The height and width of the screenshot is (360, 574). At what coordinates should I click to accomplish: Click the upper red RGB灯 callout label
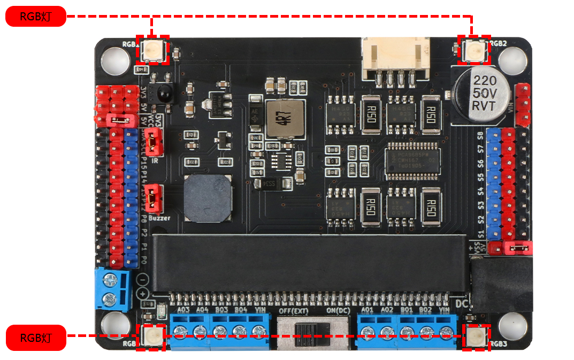[x=35, y=17]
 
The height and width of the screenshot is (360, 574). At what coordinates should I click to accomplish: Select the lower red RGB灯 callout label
[x=35, y=338]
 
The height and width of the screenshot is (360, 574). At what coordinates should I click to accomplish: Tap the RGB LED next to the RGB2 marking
[x=474, y=50]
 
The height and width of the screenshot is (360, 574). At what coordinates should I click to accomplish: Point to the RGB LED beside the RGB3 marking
[x=476, y=337]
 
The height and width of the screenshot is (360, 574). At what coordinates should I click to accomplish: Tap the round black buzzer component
[x=209, y=197]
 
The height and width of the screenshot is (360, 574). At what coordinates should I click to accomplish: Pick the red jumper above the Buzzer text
[x=154, y=197]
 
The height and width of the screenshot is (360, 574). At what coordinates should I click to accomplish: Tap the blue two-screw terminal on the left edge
[x=113, y=289]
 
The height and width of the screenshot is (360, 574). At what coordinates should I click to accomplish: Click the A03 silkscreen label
[x=183, y=310]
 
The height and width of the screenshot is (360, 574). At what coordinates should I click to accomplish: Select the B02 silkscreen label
[x=425, y=310]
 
